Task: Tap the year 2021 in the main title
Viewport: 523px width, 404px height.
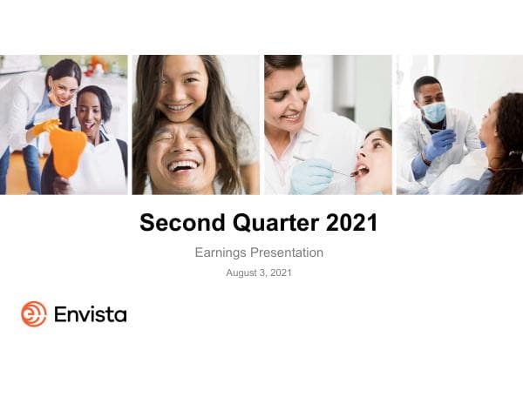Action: [x=351, y=223]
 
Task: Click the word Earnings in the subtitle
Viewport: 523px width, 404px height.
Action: [x=221, y=252]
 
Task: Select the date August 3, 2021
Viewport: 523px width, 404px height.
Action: [x=259, y=273]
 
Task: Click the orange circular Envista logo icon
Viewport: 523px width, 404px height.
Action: [x=34, y=313]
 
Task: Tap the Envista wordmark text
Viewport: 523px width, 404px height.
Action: [x=90, y=314]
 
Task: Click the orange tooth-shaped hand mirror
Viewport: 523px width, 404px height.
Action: [x=67, y=151]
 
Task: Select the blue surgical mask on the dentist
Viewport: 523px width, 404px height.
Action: [x=435, y=112]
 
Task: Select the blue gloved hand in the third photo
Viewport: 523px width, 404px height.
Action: [x=311, y=176]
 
